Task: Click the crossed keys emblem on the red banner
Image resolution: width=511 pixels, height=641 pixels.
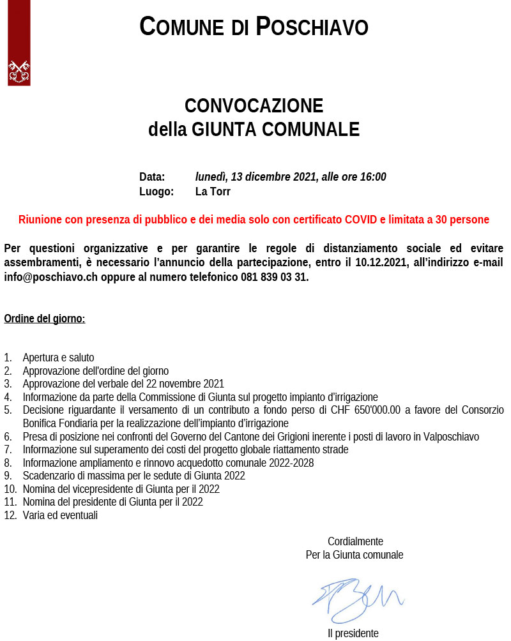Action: coord(19,71)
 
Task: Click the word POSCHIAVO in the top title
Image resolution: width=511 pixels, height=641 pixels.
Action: coord(312,27)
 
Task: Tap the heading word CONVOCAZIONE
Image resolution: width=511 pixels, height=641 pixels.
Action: coord(254,105)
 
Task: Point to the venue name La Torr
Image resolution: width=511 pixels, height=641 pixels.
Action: coord(213,192)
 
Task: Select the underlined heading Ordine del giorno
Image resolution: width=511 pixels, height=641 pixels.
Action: coord(44,318)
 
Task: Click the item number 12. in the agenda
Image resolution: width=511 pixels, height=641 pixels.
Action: coord(10,515)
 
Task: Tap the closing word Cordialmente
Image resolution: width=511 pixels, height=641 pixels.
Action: coord(355,541)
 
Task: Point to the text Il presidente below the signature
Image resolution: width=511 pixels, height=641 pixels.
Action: coord(353,633)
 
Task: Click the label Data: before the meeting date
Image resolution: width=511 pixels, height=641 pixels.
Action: coord(152,177)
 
